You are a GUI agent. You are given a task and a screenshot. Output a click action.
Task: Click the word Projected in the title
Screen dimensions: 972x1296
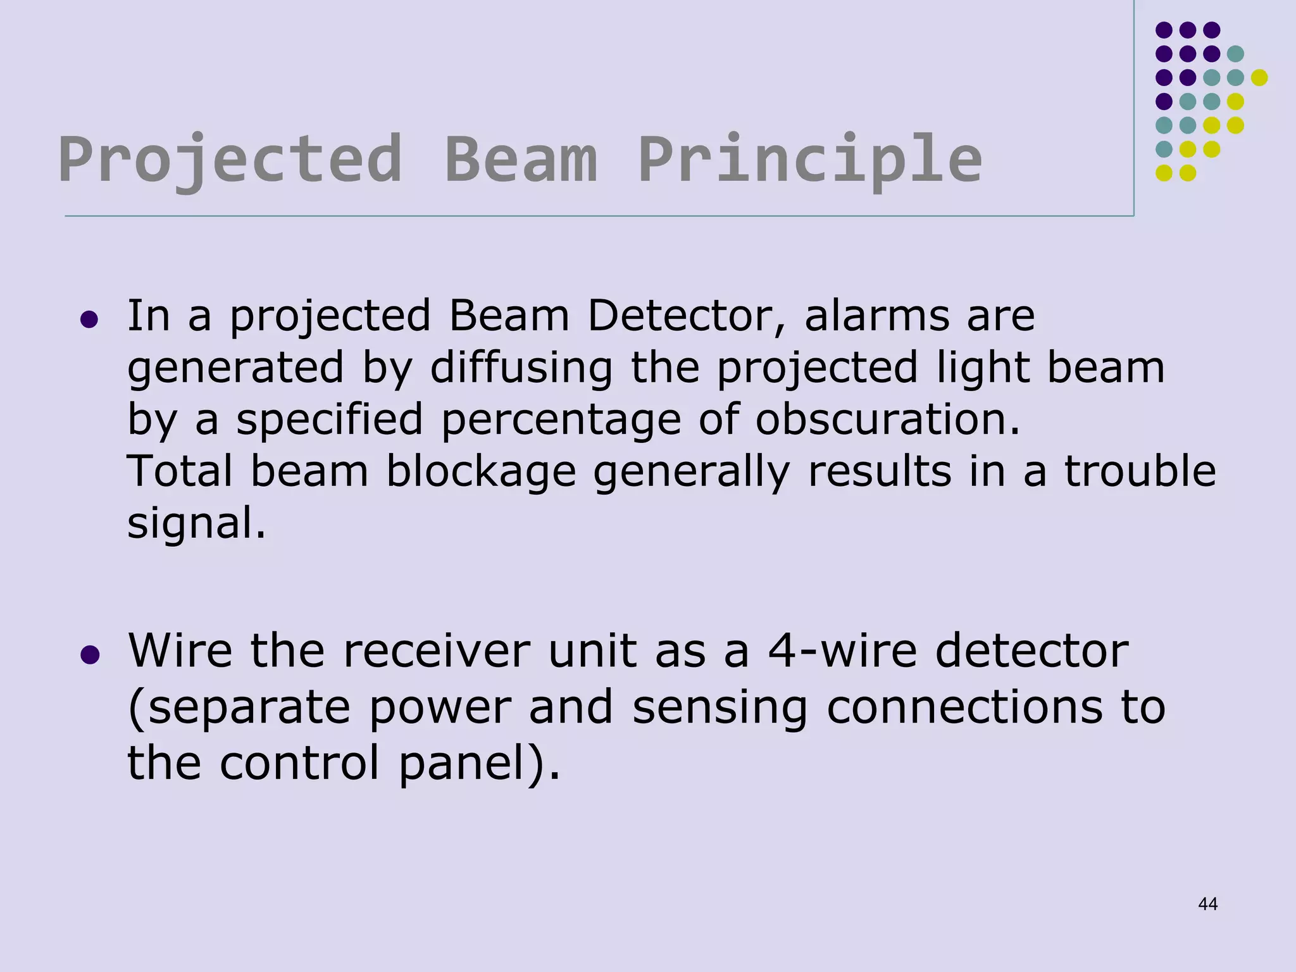(230, 159)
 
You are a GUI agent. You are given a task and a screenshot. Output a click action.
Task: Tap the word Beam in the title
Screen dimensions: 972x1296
(521, 159)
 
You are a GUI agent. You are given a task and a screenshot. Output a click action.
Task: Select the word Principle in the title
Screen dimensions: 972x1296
(810, 159)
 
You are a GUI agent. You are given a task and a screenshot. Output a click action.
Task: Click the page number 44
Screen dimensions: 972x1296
(1207, 904)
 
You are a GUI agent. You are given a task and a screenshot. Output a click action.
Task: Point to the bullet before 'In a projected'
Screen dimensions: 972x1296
(90, 319)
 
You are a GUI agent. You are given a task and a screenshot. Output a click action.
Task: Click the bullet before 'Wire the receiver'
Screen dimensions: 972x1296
(90, 654)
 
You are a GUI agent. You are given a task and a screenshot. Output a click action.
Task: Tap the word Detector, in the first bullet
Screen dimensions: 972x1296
(686, 316)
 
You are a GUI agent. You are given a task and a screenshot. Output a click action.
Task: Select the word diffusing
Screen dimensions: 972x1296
(521, 368)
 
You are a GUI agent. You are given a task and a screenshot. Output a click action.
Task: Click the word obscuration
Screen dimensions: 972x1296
(888, 420)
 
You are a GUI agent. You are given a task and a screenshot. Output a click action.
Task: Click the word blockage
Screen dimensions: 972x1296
(481, 471)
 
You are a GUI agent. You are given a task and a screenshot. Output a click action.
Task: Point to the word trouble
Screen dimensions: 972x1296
(1140, 471)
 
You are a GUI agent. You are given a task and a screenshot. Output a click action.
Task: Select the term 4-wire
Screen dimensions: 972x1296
(842, 651)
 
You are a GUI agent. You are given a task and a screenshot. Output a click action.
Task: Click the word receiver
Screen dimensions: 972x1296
(436, 651)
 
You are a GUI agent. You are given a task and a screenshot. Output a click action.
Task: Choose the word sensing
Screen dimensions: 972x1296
(720, 708)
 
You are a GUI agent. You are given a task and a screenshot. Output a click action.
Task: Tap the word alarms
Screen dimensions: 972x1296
(877, 316)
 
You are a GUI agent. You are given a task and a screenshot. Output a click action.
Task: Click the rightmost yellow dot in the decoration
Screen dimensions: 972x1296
(1259, 77)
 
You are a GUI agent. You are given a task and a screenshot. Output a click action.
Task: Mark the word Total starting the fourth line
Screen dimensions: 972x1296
(180, 471)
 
